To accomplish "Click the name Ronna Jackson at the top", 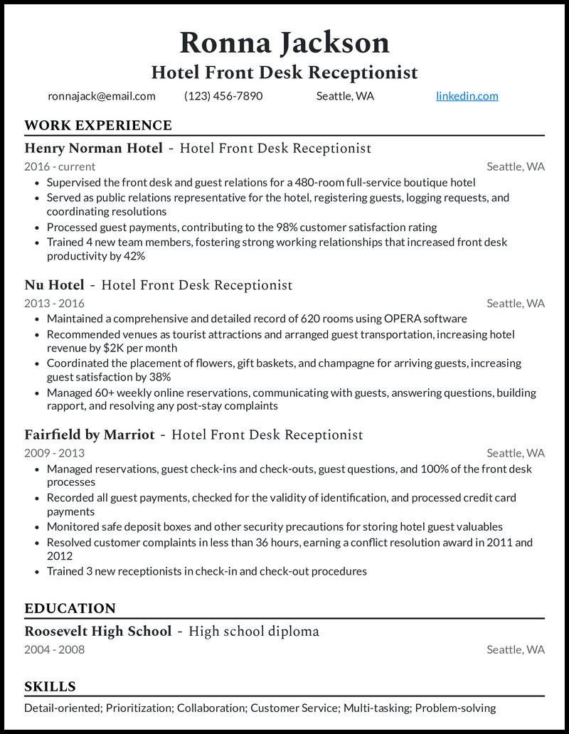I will coord(284,43).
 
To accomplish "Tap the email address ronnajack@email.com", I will coord(102,96).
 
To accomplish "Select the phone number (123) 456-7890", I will coord(223,96).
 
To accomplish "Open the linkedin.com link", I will coord(467,96).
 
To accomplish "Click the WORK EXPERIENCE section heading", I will coord(98,126).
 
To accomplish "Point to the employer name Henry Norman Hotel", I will coord(93,149).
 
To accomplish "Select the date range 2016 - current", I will coord(60,166).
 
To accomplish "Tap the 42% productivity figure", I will coord(134,255).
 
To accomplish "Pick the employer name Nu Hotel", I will coord(54,285).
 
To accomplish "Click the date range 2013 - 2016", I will coord(55,303).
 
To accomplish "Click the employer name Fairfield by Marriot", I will coord(90,435).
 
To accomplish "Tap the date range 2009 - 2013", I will coord(55,452).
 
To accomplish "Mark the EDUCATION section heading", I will coord(70,609).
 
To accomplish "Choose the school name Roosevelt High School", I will coord(98,632).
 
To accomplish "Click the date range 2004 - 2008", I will coord(55,649).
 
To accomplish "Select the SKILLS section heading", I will coord(50,687).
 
